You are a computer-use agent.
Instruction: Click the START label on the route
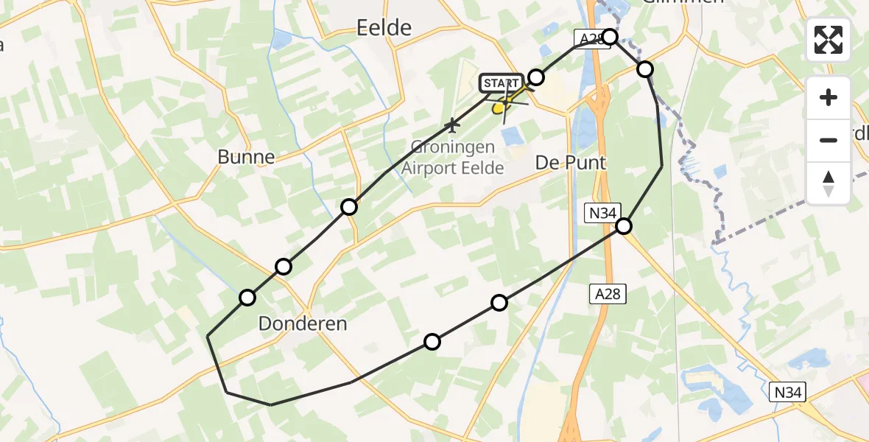[501, 84]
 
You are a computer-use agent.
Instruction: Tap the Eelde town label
[383, 28]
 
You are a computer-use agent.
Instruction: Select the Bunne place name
[246, 157]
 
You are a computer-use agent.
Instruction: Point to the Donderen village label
[303, 324]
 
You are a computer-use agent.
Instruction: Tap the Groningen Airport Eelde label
[452, 158]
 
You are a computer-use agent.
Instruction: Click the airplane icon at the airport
[452, 126]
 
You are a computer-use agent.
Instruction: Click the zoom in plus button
[828, 97]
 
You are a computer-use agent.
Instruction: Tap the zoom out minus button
[828, 140]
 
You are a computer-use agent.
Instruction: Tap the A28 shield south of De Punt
[607, 295]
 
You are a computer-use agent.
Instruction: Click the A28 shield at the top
[589, 39]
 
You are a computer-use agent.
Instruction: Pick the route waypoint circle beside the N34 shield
[624, 226]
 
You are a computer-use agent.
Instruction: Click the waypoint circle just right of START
[536, 77]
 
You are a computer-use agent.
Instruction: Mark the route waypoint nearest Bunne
[349, 207]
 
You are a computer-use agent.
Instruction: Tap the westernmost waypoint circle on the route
[247, 298]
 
